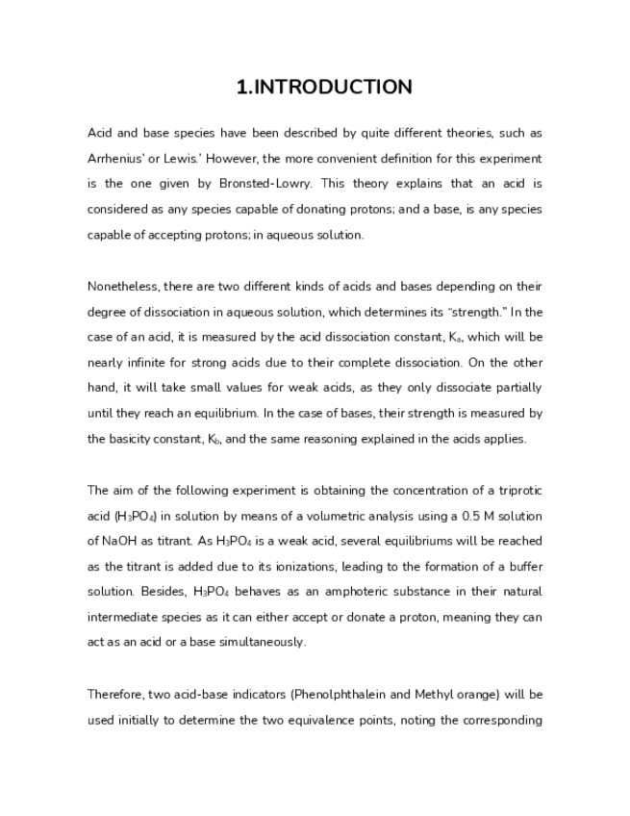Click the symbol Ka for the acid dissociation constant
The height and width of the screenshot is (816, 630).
(x=450, y=337)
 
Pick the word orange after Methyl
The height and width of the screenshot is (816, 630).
(x=473, y=695)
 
